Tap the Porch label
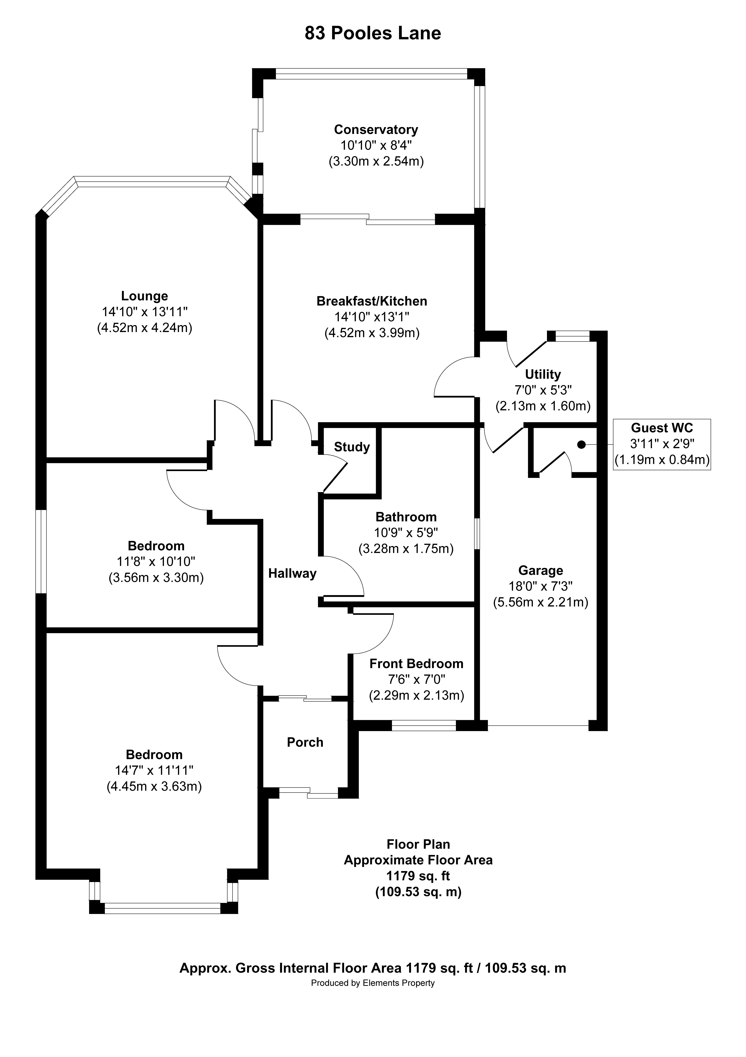(x=305, y=742)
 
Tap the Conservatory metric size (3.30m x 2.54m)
(x=376, y=161)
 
